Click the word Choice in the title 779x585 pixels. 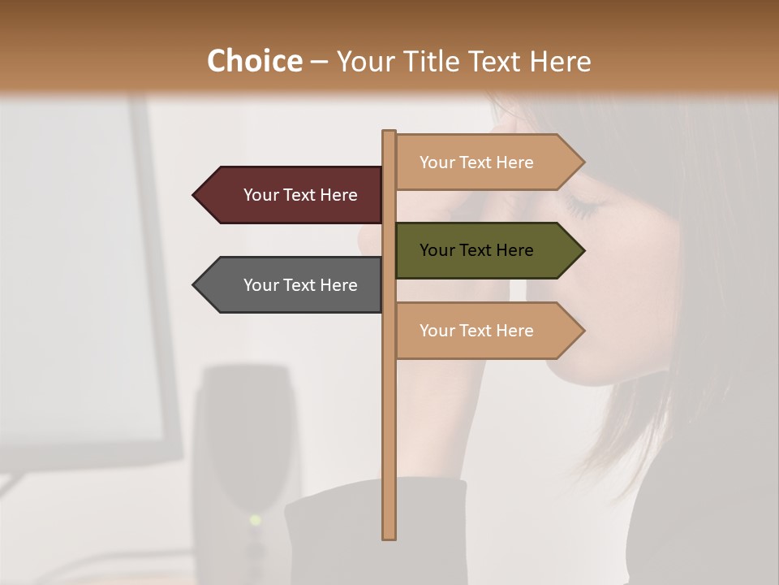[254, 62]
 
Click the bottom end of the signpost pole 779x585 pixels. [389, 536]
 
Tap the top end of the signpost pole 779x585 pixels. [389, 132]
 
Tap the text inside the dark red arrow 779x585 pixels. [300, 195]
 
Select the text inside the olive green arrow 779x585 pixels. [476, 250]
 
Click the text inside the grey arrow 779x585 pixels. [300, 285]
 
